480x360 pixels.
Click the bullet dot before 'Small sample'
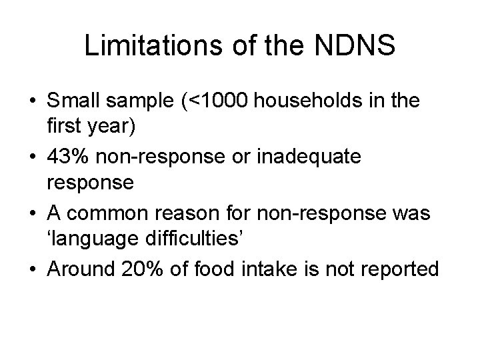pyautogui.click(x=31, y=102)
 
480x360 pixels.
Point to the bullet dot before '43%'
pyautogui.click(x=31, y=158)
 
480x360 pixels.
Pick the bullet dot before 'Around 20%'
pyautogui.click(x=31, y=269)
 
